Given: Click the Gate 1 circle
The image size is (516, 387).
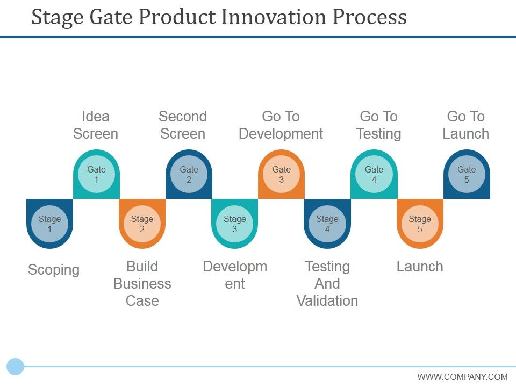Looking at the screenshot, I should coord(96,175).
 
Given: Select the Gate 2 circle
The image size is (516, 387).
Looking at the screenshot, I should coord(189,175).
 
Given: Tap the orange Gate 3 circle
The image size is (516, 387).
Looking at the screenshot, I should coord(281,175).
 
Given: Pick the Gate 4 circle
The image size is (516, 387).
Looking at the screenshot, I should coord(374,175).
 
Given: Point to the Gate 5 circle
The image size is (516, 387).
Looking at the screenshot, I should coord(467,175).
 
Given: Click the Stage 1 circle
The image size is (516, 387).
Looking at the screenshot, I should coord(49,224).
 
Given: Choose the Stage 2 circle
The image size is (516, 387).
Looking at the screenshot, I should coord(142,224).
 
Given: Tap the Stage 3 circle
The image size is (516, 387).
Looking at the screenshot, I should coord(235,224).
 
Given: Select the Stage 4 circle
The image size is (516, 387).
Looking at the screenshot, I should coord(327,224).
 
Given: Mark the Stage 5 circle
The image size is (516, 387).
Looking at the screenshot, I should coord(420,224).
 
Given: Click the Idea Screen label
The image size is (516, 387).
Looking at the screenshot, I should coord(96,125).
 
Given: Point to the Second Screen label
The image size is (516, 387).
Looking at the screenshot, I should coord(183,125).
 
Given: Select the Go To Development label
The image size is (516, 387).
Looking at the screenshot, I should coord(281,125).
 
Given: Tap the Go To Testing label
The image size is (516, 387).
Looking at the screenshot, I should coord(378,125).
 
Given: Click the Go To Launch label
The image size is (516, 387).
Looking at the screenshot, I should coord(465,125).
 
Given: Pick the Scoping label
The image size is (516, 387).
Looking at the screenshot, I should coord(54,270).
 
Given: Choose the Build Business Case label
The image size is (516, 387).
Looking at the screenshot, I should coord(142,283).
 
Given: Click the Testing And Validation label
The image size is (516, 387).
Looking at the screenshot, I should coord(327,283).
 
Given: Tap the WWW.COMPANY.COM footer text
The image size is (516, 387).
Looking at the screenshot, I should coord(462,377).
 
